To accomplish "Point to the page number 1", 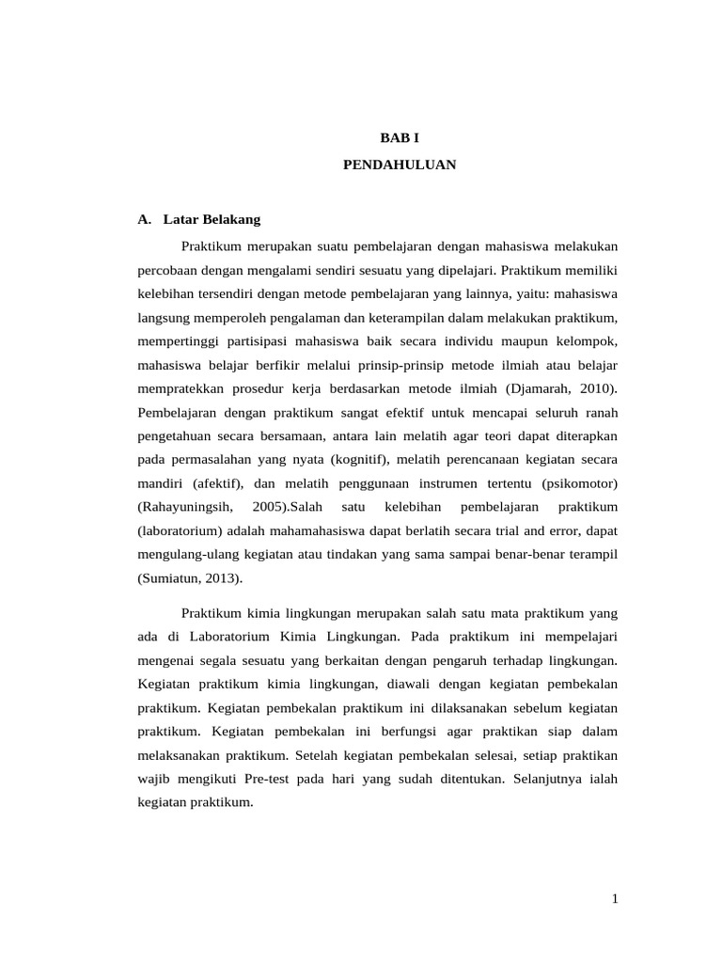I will [615, 899].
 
